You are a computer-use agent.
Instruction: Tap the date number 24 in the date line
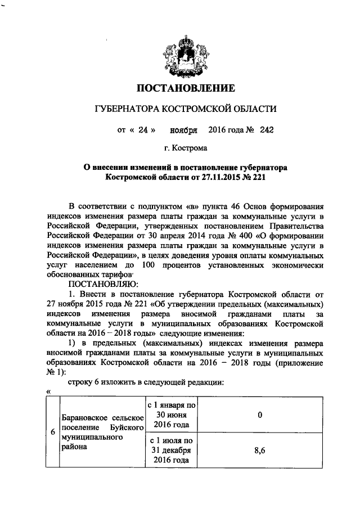[x=142, y=130]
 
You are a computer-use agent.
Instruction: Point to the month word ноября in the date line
[x=183, y=130]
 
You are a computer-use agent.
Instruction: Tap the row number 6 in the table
[x=52, y=433]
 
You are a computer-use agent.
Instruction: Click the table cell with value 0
[x=260, y=415]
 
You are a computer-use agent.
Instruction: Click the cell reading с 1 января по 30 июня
[x=171, y=415]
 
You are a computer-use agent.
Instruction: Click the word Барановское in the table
[x=83, y=421]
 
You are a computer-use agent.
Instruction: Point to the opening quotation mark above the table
[x=48, y=392]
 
